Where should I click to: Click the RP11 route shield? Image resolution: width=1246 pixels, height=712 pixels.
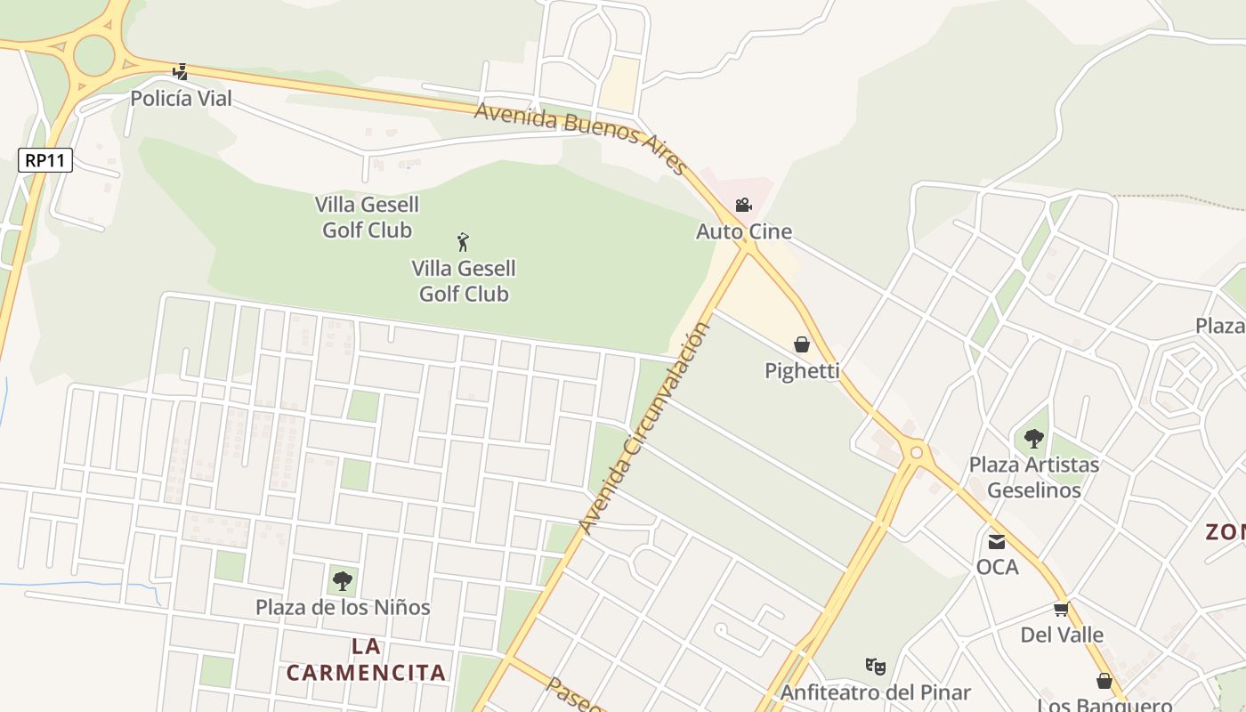(x=44, y=160)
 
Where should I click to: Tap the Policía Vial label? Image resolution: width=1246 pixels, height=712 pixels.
(x=181, y=99)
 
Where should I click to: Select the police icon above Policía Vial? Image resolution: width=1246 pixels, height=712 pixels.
(x=181, y=72)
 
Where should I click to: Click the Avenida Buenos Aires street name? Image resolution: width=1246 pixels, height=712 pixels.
(x=580, y=137)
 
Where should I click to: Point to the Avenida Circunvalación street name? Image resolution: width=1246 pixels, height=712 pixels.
(x=645, y=428)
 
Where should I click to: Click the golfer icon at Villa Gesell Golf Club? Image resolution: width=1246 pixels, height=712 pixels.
(x=463, y=242)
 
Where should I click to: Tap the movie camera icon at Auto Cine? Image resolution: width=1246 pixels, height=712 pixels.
(x=743, y=206)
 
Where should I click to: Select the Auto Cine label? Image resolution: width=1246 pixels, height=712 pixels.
(x=743, y=231)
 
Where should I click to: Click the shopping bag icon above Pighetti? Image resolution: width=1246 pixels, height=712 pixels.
(x=802, y=344)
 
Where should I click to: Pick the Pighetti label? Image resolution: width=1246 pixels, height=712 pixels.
(x=802, y=370)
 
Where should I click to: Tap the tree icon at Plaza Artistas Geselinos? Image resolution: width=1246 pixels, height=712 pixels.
(x=1033, y=439)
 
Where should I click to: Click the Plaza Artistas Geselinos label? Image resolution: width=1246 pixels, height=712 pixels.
(x=1033, y=477)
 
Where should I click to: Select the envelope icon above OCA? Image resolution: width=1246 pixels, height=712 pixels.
(x=997, y=541)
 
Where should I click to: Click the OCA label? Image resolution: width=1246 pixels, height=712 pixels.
(x=997, y=567)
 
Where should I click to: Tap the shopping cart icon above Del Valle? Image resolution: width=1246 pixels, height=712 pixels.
(x=1061, y=610)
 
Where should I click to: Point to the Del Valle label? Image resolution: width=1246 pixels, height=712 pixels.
(x=1061, y=635)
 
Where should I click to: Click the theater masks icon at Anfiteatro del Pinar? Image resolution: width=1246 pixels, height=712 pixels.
(x=876, y=666)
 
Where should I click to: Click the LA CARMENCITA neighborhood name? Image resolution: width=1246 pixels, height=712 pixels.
(x=366, y=659)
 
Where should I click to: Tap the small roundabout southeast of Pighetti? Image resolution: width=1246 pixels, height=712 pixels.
(x=916, y=453)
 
